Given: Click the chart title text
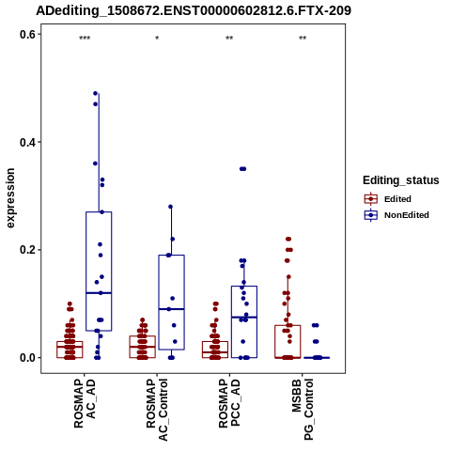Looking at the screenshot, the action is pos(194,11).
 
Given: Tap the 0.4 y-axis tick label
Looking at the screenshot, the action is pos(27,142).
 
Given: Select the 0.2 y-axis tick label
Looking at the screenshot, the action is pos(27,250).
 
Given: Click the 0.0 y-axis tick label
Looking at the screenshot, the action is pos(27,358).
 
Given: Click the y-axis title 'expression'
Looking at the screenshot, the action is pos(10,198).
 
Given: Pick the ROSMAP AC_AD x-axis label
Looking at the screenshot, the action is pos(85,403).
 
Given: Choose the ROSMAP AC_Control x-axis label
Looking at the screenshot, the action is pos(157,410).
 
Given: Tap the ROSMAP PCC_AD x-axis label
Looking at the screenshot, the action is pos(229,403).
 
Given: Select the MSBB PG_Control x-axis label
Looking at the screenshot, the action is pos(303,410).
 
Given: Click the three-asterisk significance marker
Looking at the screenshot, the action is pos(85,39).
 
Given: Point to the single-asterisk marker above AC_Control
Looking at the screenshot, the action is pos(157,38).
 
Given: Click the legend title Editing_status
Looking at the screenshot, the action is pos(401,180).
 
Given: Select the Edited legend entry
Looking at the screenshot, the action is pos(388,199).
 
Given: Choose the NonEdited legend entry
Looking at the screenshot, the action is pos(397,215).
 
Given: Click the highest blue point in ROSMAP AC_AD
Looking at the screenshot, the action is pos(96,93).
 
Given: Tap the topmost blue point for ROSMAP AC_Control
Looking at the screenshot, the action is pos(171,207).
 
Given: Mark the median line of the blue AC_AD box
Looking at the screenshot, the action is pos(99,293).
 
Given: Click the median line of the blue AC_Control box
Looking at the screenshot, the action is pos(171,309).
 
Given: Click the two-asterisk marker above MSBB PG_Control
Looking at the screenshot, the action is pos(303,39).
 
